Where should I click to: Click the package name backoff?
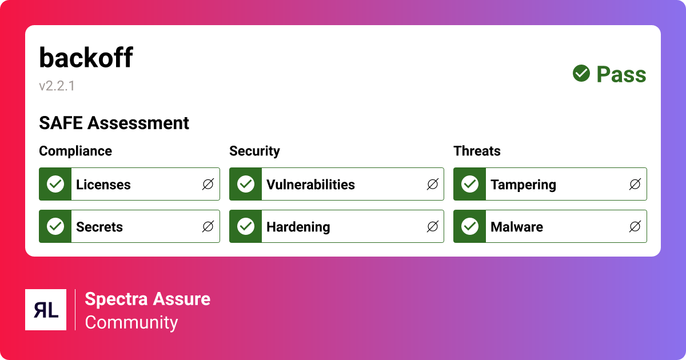point(86,58)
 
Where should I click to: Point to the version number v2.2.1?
point(57,86)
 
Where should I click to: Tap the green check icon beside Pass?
point(581,73)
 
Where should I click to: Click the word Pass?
point(621,74)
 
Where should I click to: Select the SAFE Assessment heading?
point(114,123)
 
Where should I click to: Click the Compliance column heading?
point(75,151)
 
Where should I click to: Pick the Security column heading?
point(254,151)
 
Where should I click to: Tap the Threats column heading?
point(477,151)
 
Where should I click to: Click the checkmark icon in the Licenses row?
point(55,184)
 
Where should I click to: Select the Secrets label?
point(99,227)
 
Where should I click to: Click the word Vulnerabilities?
point(310,185)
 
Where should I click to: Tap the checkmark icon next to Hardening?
point(246,226)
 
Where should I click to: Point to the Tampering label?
point(523,185)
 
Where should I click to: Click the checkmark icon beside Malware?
point(470,226)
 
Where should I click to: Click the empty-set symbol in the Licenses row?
point(208,184)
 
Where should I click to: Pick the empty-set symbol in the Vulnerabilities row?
point(433,184)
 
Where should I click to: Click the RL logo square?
point(46,310)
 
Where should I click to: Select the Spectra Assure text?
point(147,299)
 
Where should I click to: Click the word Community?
point(131,322)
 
